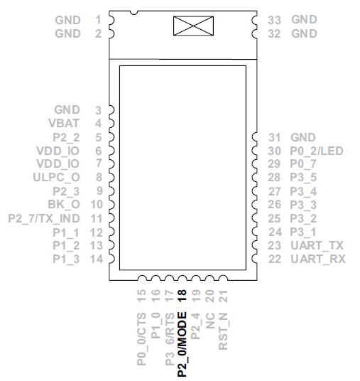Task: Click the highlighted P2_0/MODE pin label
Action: point(182,344)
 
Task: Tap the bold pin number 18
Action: point(182,296)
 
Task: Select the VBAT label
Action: point(64,123)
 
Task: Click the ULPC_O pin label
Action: point(56,178)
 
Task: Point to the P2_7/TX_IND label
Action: point(44,218)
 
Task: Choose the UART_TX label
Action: point(317,245)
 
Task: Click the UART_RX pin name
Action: point(318,259)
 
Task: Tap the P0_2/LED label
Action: point(317,151)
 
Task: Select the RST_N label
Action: point(224,331)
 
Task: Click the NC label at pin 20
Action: point(210,321)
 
